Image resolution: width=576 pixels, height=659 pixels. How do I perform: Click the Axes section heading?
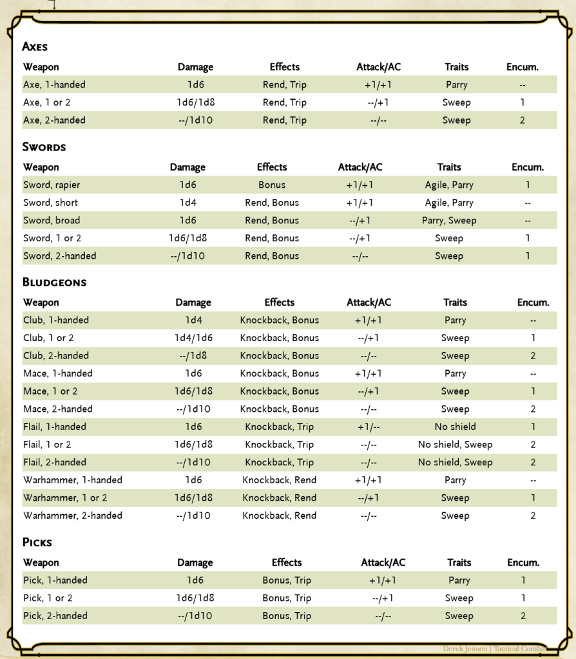(x=35, y=46)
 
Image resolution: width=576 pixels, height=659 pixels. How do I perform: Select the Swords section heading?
(x=44, y=147)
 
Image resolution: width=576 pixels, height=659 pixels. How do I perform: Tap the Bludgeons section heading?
(x=54, y=282)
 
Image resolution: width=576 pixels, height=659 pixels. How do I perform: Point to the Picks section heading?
(x=37, y=543)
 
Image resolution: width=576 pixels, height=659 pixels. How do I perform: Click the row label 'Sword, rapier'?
(x=52, y=185)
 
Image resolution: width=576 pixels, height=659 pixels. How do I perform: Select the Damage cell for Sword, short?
(x=187, y=203)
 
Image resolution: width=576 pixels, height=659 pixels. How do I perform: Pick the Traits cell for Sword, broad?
(x=448, y=221)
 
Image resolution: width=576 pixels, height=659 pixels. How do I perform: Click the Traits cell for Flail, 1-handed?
(x=455, y=427)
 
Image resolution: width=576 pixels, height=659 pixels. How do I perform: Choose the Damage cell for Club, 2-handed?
(x=193, y=356)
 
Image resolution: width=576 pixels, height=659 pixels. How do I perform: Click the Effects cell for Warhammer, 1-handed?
(x=279, y=480)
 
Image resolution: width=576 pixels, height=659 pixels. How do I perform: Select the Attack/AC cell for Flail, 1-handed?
(x=369, y=427)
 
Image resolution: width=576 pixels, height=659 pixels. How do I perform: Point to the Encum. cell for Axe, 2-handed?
(x=522, y=120)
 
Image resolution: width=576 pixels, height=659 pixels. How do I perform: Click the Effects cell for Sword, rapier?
(x=271, y=185)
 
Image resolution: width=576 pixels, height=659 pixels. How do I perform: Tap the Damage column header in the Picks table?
(x=195, y=563)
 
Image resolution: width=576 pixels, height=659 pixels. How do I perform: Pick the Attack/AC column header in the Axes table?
(x=378, y=68)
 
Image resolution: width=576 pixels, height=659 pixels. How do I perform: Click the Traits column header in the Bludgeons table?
(x=455, y=302)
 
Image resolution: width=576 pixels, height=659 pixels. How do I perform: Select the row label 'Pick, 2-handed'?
(x=55, y=616)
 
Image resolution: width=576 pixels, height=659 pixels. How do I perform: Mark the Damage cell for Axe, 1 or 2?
(x=196, y=103)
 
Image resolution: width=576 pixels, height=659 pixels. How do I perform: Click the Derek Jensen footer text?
(x=466, y=649)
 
